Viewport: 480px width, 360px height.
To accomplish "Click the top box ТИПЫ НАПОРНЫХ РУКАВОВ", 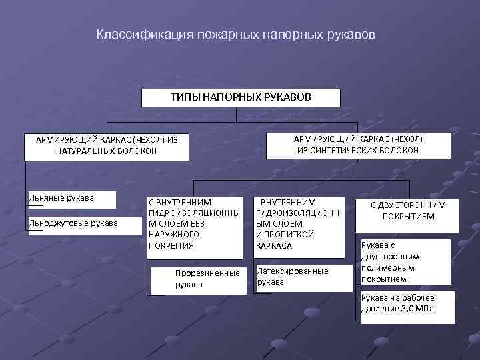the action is [x=241, y=98].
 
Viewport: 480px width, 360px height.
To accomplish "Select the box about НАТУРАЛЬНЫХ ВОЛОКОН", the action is [x=107, y=146].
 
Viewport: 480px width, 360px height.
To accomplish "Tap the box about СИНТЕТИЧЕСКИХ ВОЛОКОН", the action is [x=358, y=145].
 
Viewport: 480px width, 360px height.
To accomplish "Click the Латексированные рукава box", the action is [x=303, y=277].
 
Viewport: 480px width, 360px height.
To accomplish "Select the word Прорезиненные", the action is [x=207, y=273].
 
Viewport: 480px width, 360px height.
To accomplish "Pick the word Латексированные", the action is [x=293, y=271].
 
